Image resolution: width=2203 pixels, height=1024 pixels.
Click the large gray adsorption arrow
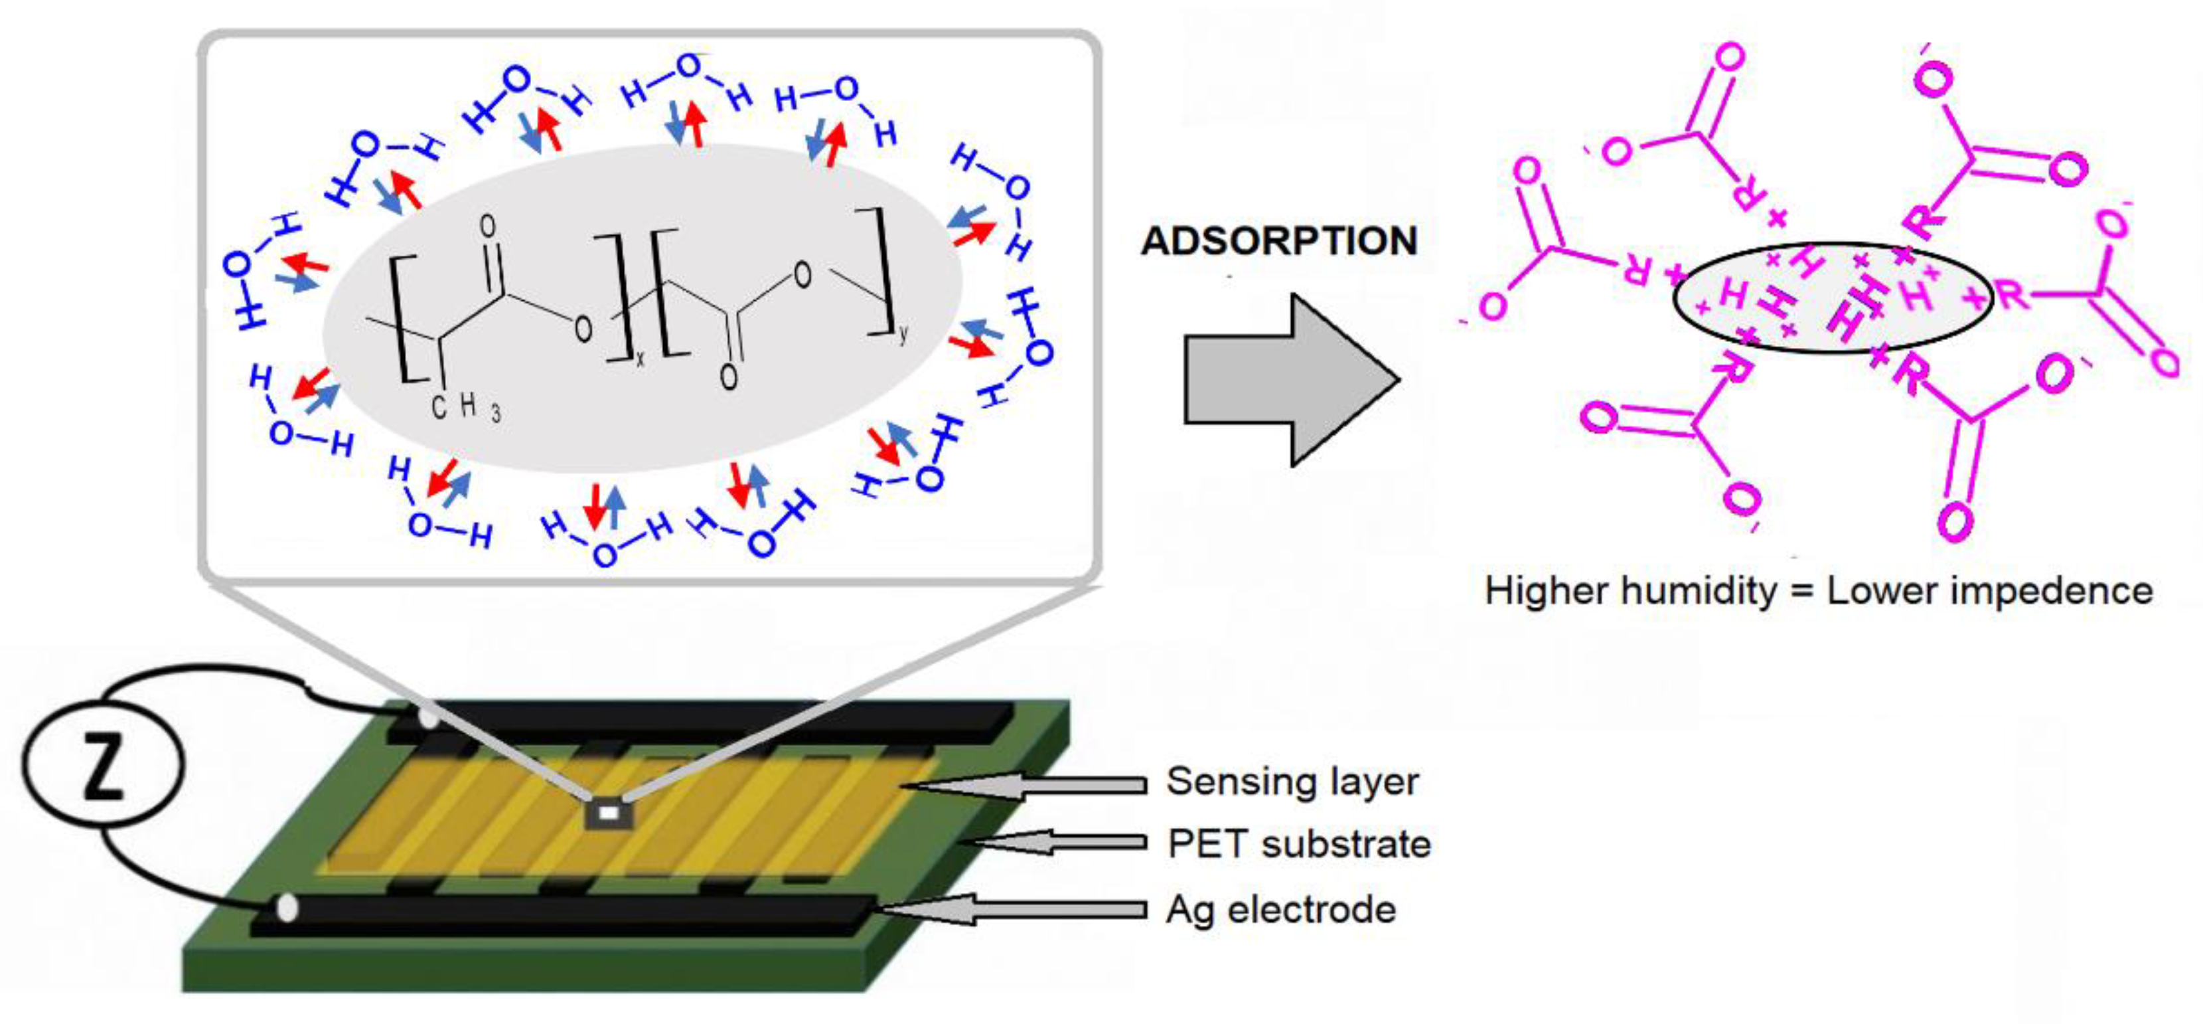[x=1283, y=381]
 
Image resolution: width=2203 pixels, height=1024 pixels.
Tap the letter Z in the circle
[x=103, y=765]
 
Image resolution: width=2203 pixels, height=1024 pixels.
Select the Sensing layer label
[x=1292, y=782]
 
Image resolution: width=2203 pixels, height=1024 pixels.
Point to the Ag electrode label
[x=1280, y=909]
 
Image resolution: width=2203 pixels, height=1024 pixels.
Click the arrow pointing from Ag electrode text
[x=1018, y=909]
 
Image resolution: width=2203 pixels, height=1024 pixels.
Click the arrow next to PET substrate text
[x=1061, y=843]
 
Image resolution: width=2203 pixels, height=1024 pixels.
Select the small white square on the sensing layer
[x=608, y=813]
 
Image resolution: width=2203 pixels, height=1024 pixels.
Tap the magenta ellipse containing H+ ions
[x=1832, y=297]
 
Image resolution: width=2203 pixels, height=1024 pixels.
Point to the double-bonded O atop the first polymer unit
[x=487, y=226]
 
